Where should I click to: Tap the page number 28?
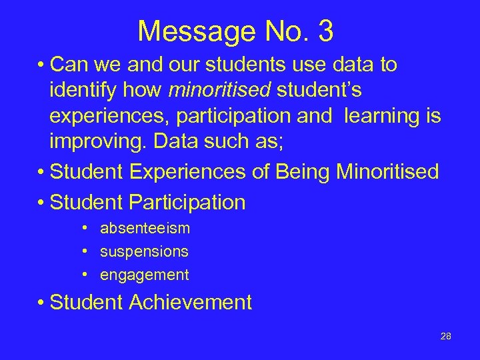(x=446, y=336)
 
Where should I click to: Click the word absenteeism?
(x=145, y=229)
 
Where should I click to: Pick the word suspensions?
(x=144, y=252)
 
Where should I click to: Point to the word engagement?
(x=144, y=275)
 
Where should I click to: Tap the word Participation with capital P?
(x=191, y=202)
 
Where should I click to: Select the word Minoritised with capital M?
(x=387, y=172)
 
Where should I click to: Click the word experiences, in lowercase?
(x=104, y=116)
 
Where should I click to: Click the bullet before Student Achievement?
(x=42, y=303)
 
